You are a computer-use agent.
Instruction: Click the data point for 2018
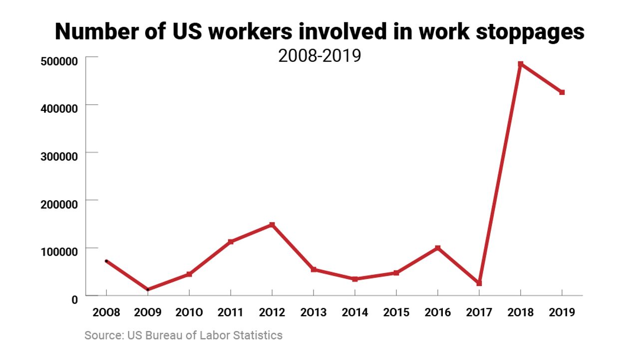[x=520, y=64]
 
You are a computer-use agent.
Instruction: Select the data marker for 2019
[x=562, y=92]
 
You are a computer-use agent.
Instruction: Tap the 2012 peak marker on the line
[x=272, y=225]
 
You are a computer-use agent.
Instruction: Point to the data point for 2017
[x=479, y=283]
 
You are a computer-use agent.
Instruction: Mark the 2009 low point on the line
[x=148, y=290]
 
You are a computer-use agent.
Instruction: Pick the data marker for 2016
[x=438, y=248]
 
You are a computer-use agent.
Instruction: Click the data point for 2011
[x=231, y=242]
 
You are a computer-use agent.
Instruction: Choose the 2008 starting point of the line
[x=106, y=261]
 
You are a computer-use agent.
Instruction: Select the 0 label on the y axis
[x=74, y=299]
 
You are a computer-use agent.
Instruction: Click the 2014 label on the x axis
[x=354, y=313]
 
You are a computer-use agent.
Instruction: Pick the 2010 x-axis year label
[x=189, y=313]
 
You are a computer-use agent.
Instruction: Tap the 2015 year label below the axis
[x=396, y=313]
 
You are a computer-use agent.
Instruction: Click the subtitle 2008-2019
[x=319, y=55]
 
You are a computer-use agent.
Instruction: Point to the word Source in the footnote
[x=101, y=335]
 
